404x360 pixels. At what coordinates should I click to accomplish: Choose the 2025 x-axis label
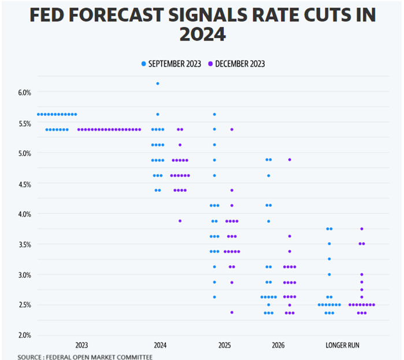coord(225,346)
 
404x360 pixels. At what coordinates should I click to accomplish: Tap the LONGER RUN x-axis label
coord(342,346)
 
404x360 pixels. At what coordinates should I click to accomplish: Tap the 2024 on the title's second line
coord(202,35)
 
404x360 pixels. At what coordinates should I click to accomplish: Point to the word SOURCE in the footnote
coord(29,357)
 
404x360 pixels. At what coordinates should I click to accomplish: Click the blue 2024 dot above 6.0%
coord(158,84)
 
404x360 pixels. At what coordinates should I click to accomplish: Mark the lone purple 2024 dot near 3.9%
coord(180,221)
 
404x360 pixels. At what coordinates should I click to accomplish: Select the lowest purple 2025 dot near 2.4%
coord(232,313)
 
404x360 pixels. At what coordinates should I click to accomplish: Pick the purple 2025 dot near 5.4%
coord(232,129)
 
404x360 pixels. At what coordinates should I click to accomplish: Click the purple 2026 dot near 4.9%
coord(290,159)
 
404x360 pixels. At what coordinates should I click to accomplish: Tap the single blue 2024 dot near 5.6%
coord(158,114)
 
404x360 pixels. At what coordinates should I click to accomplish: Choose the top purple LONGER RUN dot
coord(362,229)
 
